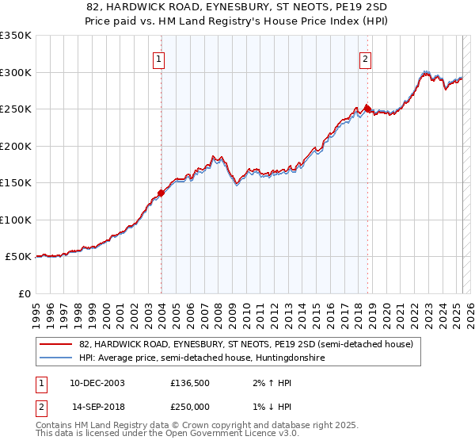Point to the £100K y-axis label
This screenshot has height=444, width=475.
(x=16, y=220)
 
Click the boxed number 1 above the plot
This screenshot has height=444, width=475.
(x=159, y=58)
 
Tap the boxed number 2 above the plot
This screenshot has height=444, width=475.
(x=365, y=58)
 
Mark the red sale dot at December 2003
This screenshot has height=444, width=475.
(x=161, y=193)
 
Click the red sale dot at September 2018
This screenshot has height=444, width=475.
(x=367, y=109)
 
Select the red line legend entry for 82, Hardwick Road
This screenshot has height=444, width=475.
(x=245, y=345)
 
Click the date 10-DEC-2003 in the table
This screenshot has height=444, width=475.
(x=97, y=383)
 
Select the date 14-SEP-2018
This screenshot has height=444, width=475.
(x=97, y=407)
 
